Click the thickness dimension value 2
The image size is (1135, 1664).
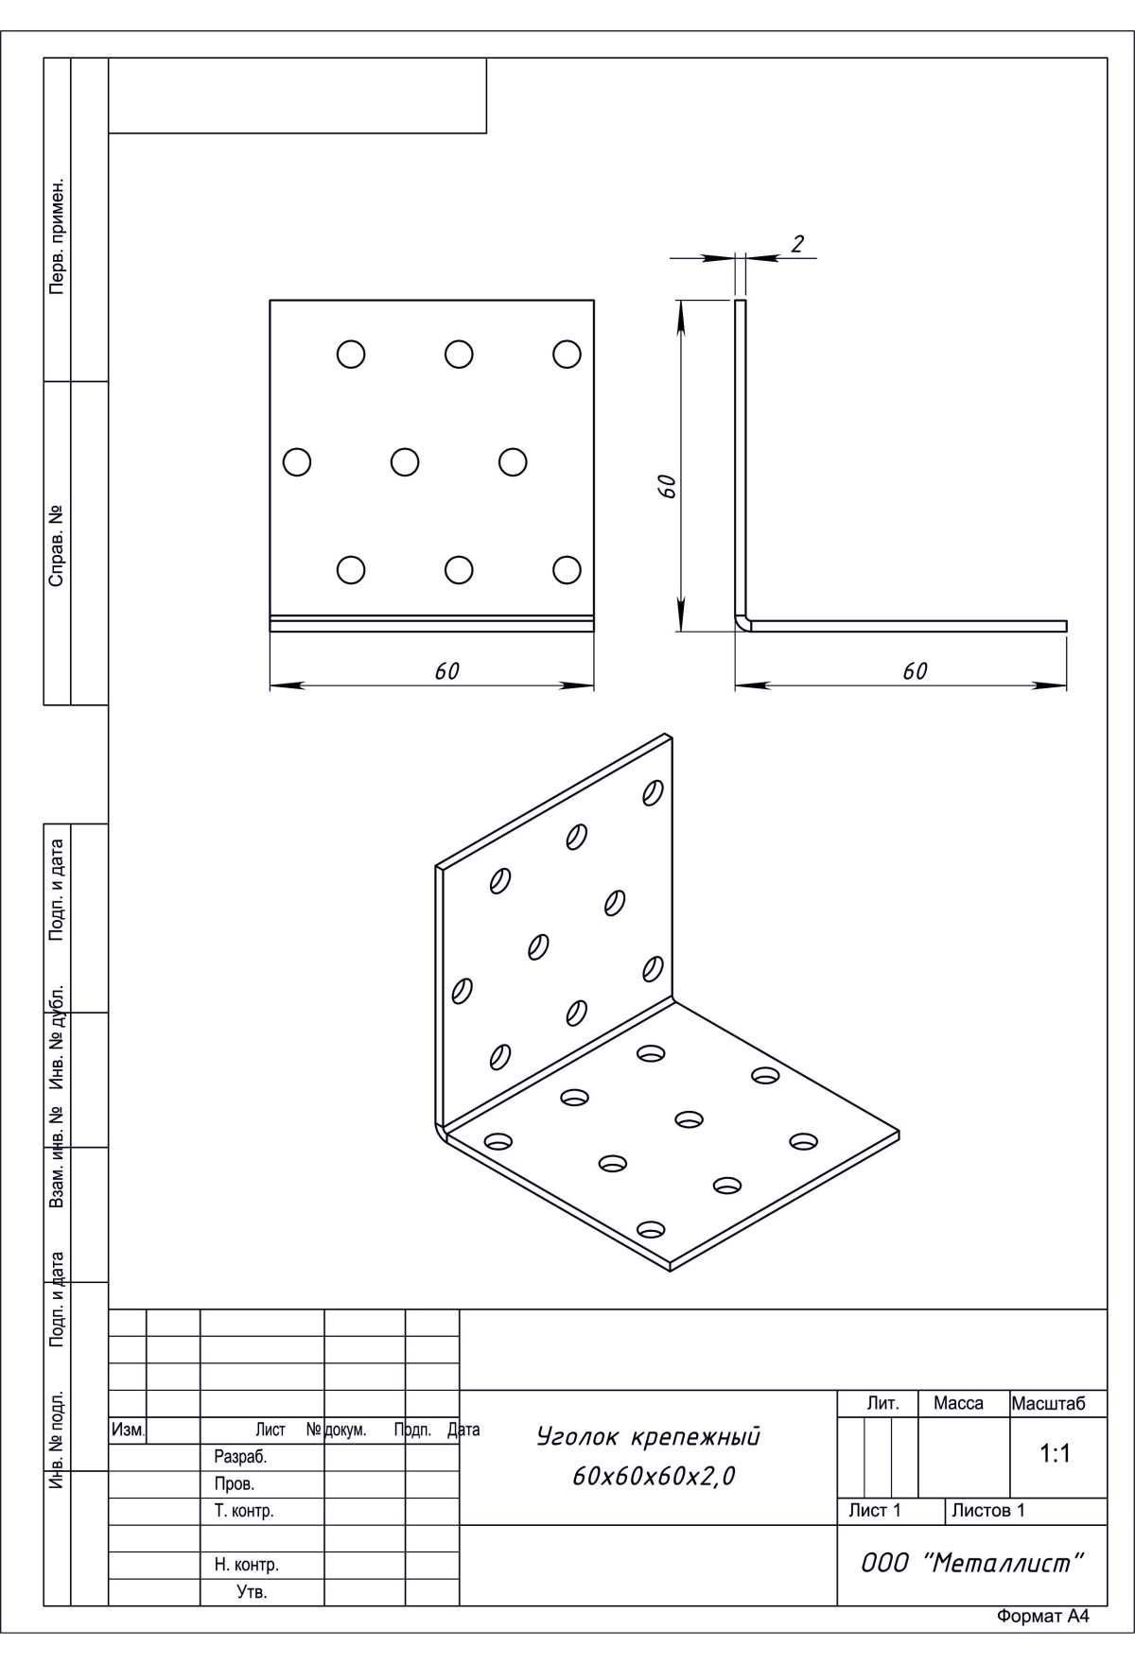tap(797, 244)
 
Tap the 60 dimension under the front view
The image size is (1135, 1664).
tap(446, 670)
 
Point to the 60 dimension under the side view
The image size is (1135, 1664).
tap(915, 670)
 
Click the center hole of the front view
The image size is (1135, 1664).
tap(405, 462)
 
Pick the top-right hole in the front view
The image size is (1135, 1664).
tap(567, 354)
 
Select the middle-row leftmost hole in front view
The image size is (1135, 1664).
tap(297, 462)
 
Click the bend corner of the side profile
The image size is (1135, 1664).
tap(741, 623)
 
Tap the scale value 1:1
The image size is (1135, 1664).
tap(1055, 1454)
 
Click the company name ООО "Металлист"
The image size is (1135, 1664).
tap(970, 1563)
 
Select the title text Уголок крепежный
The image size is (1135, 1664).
tap(648, 1437)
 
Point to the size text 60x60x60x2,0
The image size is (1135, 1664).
tap(654, 1476)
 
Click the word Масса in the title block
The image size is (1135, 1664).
tap(958, 1403)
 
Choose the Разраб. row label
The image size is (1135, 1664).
tap(240, 1457)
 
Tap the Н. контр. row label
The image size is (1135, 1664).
tap(246, 1565)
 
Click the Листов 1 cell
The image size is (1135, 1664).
tap(987, 1510)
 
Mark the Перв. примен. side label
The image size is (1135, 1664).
tap(57, 234)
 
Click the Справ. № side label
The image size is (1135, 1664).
tap(57, 544)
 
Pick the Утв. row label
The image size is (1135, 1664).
tap(252, 1592)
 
